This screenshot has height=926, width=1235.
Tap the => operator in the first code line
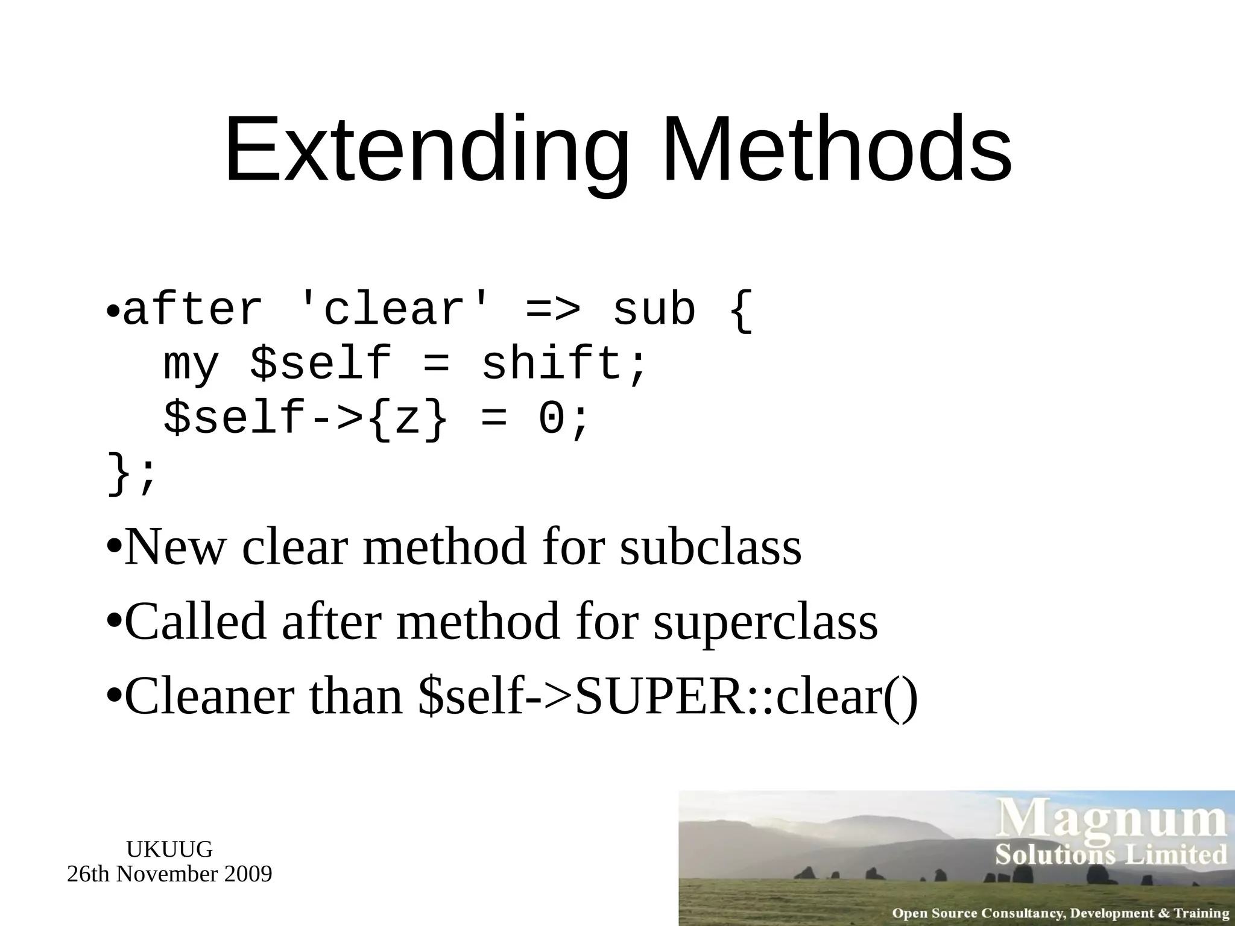553,311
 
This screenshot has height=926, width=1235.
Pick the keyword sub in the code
654,311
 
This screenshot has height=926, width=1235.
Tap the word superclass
766,622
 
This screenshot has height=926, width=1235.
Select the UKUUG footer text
169,849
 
